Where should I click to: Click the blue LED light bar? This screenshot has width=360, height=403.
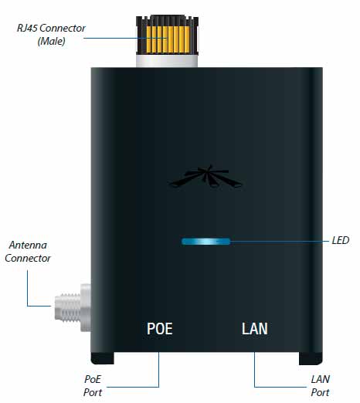(205, 242)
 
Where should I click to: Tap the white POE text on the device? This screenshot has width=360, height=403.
(160, 328)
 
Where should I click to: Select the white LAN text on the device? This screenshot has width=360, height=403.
(255, 328)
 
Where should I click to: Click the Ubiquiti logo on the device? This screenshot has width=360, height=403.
(205, 176)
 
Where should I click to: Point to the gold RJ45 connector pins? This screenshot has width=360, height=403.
(168, 39)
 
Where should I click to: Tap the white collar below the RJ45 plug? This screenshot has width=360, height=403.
(167, 61)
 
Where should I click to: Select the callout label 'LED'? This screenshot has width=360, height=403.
(341, 240)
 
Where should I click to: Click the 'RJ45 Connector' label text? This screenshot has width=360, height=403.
(51, 28)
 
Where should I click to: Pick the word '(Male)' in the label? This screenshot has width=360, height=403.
(52, 41)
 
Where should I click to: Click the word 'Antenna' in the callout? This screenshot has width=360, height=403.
(28, 245)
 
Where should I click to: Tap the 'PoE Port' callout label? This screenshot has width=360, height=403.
(93, 386)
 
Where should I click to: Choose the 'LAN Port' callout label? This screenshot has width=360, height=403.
(320, 386)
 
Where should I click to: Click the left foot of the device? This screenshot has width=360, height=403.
(103, 358)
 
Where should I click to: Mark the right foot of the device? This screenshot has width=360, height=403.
(311, 358)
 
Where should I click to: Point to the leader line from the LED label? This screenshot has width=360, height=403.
(280, 242)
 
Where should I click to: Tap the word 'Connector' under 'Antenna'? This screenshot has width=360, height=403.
(28, 258)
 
